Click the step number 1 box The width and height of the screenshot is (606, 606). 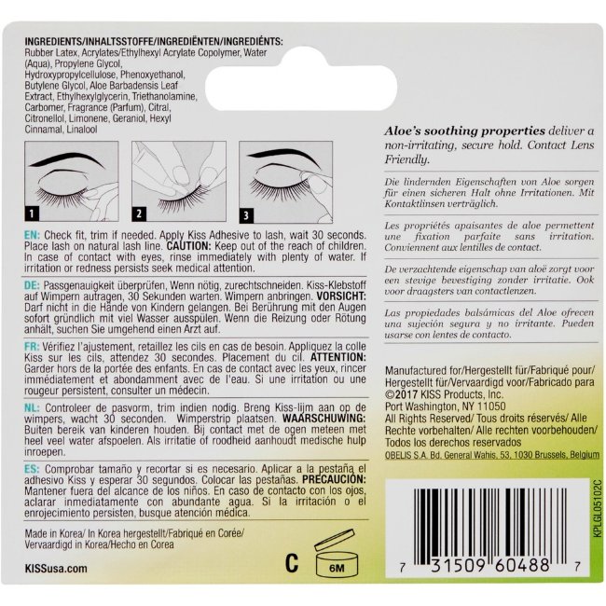click(32, 213)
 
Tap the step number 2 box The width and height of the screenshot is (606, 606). click(139, 213)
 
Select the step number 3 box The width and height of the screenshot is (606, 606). click(246, 214)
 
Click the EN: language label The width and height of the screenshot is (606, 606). click(32, 235)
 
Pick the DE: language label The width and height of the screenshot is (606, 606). click(32, 285)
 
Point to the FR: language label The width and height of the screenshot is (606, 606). click(32, 346)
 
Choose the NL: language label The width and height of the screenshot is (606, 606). click(32, 407)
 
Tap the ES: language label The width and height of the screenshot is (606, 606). click(32, 469)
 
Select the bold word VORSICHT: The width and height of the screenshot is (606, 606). click(341, 296)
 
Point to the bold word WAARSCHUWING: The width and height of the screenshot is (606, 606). click(324, 419)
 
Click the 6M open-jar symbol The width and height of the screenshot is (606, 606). click(337, 554)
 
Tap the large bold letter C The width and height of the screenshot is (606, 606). click(292, 563)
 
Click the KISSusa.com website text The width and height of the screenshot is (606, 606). click(56, 568)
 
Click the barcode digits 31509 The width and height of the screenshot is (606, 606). click(458, 565)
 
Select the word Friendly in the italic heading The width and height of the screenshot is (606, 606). click(406, 159)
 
